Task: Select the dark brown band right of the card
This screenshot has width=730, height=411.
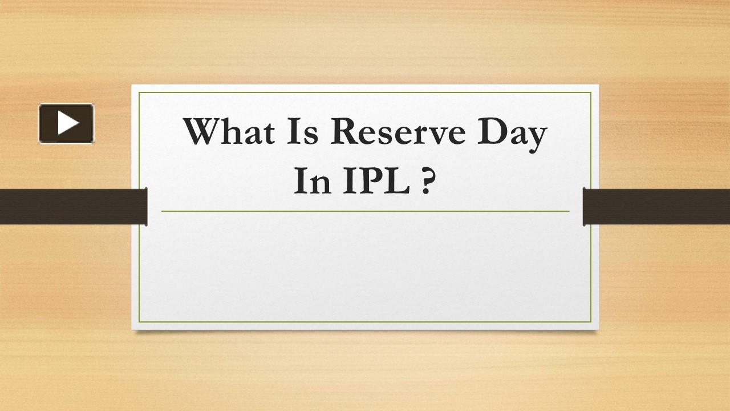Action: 656,206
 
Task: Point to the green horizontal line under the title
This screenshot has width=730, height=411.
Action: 365,211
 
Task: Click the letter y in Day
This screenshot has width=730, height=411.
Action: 536,137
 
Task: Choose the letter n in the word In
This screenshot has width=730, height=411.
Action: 319,186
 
